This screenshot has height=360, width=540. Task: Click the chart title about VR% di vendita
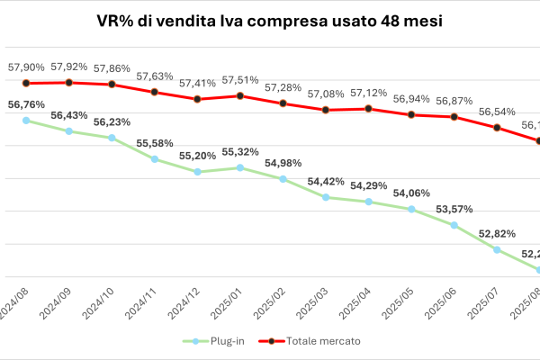269,20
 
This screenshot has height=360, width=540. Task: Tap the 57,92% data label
69,67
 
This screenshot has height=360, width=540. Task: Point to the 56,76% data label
26,104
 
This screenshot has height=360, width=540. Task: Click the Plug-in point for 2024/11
155,159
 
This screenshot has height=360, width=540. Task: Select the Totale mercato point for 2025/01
240,95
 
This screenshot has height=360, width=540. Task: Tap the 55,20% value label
197,155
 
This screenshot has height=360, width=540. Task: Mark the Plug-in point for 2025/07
497,249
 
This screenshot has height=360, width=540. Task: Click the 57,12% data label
368,94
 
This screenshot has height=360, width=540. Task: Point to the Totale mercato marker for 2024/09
69,83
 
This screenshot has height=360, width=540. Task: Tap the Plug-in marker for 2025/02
283,179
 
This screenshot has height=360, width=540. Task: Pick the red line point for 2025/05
411,114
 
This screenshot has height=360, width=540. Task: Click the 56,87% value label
454,101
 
